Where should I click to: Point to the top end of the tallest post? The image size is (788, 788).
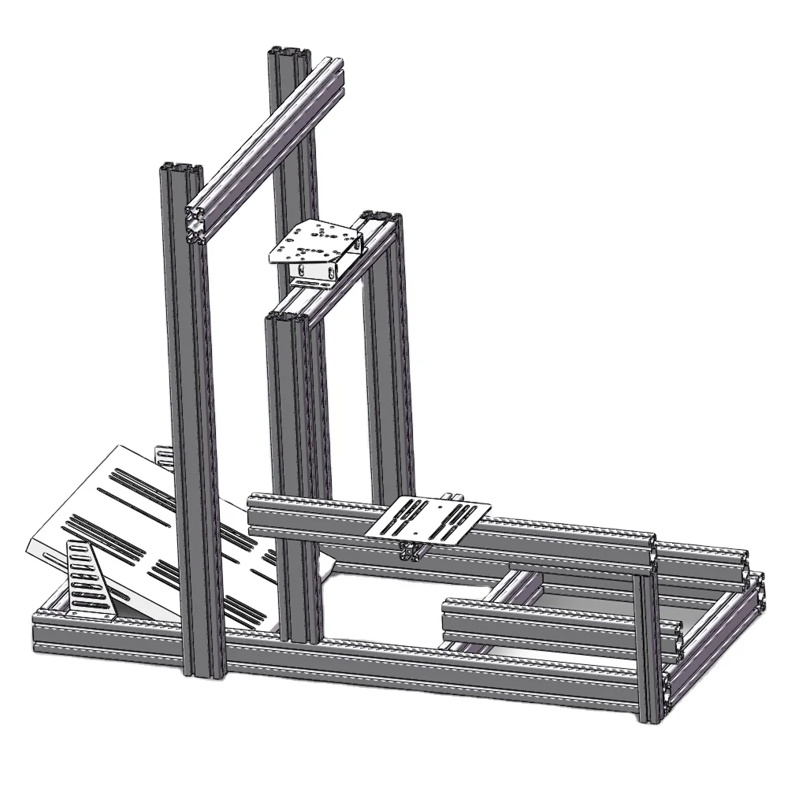pyautogui.click(x=288, y=54)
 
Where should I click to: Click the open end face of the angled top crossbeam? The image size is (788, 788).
pyautogui.click(x=197, y=222)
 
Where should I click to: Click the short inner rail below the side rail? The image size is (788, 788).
pyautogui.click(x=552, y=623)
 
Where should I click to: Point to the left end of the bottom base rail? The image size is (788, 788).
pyautogui.click(x=43, y=630)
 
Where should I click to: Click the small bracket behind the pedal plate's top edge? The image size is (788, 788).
pyautogui.click(x=163, y=455)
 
